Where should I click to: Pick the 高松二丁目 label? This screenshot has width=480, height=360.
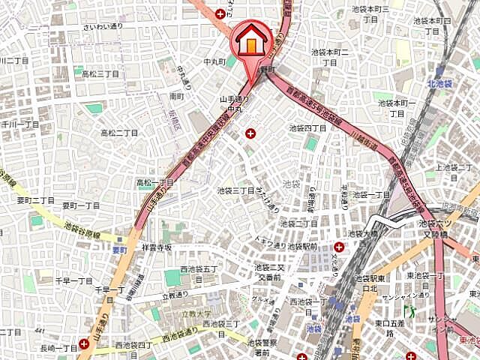pyautogui.click(x=119, y=133)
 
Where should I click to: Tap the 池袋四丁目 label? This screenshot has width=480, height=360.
pyautogui.click(x=308, y=128)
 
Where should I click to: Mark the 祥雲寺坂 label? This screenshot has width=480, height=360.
pyautogui.click(x=156, y=247)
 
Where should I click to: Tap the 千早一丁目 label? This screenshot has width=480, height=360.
pyautogui.click(x=73, y=280)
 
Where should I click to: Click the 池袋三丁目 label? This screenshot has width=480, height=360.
pyautogui.click(x=235, y=190)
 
